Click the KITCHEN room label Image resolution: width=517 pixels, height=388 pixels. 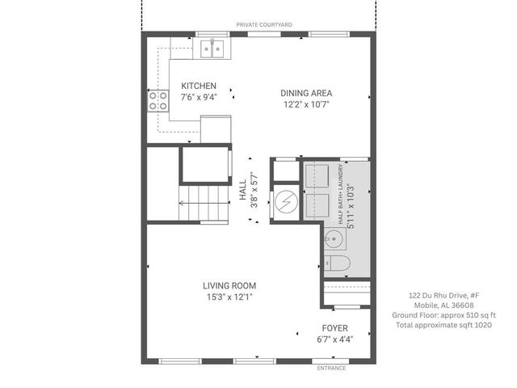coord(198,86)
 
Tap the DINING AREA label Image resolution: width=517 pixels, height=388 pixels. coord(306,92)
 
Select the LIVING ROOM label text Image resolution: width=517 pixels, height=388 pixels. coord(229,285)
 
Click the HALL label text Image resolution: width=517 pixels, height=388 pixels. coord(243,192)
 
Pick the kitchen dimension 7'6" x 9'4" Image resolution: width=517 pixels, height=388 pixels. coord(198,102)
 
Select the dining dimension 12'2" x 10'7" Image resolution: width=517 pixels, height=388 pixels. coord(306,104)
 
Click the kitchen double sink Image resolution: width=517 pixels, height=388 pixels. coord(212,49)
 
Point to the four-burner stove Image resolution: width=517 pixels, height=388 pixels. coord(156,100)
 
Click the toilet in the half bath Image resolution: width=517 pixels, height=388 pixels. coord(337,264)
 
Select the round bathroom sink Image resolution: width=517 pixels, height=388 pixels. coord(334,239)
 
